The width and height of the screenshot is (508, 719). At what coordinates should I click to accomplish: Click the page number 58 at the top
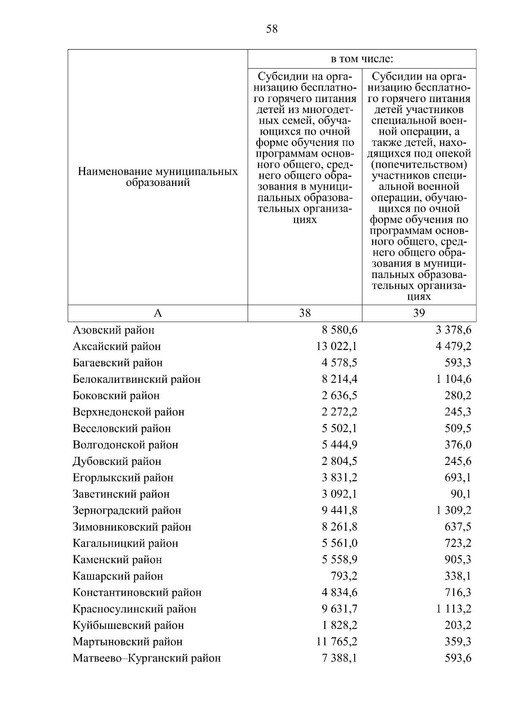coord(272,29)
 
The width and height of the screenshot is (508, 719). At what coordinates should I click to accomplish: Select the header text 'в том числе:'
coord(362,59)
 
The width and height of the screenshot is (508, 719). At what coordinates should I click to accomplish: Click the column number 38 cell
coord(305,313)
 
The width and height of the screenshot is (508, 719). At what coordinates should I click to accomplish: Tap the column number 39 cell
coord(419,313)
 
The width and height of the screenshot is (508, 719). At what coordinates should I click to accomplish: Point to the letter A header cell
coord(158,313)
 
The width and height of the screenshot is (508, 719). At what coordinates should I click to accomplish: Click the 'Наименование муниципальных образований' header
coord(158,177)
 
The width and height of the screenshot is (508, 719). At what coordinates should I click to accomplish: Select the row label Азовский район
coord(113,330)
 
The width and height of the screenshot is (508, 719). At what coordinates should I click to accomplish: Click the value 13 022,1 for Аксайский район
coord(337,346)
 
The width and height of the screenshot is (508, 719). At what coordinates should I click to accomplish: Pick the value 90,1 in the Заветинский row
coord(461,494)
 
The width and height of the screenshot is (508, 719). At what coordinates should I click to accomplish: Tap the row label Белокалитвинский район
coord(136,379)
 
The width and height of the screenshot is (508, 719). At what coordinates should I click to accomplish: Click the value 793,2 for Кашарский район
coord(344,576)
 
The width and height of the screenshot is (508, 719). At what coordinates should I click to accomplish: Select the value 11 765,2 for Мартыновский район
coord(337,642)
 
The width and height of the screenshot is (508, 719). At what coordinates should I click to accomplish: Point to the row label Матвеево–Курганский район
coord(146,658)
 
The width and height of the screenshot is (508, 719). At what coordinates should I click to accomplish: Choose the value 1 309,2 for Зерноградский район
coord(453,510)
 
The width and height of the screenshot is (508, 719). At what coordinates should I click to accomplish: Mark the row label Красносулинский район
coord(135,609)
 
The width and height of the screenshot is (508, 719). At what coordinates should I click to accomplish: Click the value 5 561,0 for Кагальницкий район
coord(339,543)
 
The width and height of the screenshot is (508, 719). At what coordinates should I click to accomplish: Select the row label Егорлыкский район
coord(123,478)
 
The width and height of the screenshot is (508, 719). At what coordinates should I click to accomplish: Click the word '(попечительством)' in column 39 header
coord(419,164)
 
